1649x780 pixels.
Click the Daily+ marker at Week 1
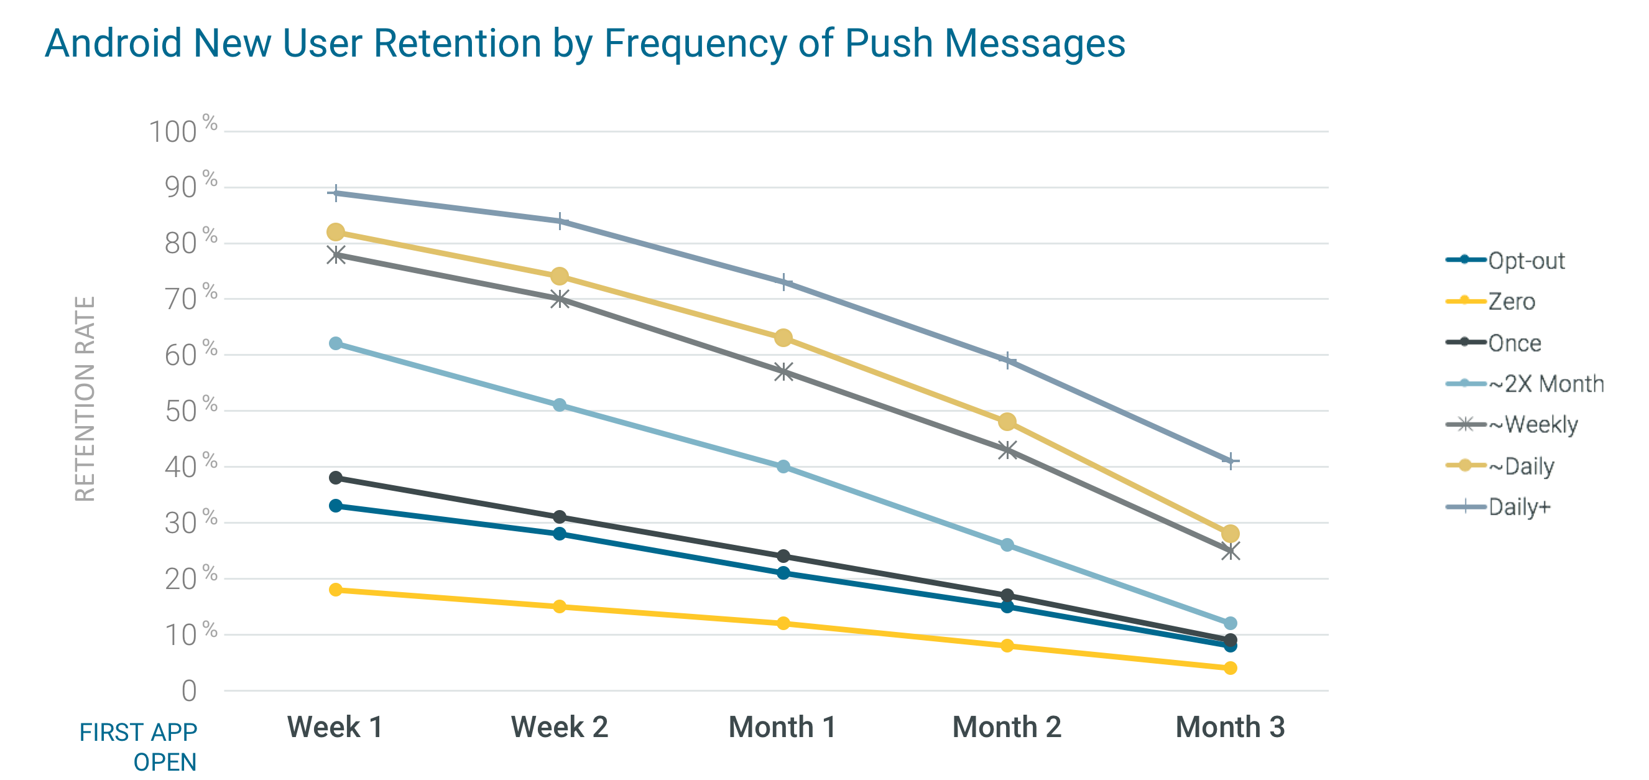click(336, 193)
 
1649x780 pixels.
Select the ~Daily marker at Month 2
click(1007, 421)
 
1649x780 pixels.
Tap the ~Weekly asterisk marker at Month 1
click(783, 371)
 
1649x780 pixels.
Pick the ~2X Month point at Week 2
click(560, 405)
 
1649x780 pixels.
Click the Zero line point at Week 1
click(336, 589)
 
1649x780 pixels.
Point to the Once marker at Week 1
click(336, 478)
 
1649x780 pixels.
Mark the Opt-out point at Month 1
click(783, 572)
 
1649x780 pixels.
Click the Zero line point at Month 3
click(1230, 668)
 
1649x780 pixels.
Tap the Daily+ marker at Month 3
click(1230, 460)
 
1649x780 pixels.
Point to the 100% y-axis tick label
click(182, 131)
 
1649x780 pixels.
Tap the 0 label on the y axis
click(189, 691)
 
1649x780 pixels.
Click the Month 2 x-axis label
click(1006, 727)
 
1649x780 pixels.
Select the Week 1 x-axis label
click(335, 727)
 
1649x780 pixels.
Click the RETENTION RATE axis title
click(85, 398)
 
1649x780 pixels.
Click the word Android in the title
click(114, 44)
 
